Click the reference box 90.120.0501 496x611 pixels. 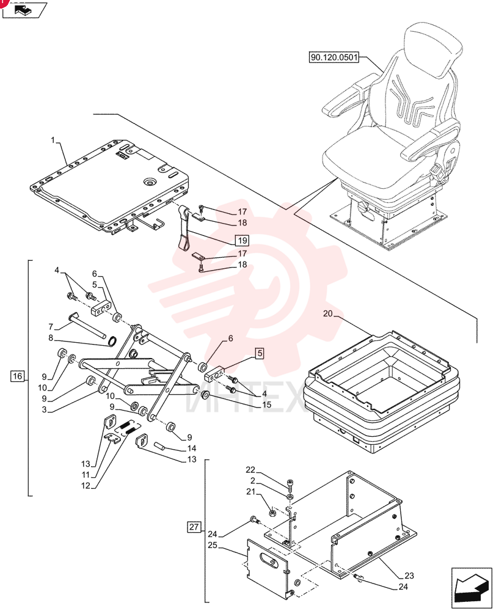(x=334, y=57)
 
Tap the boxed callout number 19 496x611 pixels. (x=242, y=240)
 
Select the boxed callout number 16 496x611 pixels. (x=18, y=376)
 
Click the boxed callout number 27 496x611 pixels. (x=194, y=527)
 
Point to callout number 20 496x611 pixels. (x=328, y=313)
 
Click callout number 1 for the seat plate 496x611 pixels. (x=53, y=140)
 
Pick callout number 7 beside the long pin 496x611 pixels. (x=51, y=326)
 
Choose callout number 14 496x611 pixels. (x=192, y=448)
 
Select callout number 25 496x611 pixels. (x=213, y=545)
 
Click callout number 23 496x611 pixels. (x=409, y=575)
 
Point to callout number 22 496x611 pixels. (x=250, y=470)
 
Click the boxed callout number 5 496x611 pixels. (x=260, y=354)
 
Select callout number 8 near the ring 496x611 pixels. (x=51, y=338)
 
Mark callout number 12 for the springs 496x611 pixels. (x=86, y=486)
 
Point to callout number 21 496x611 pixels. (x=250, y=492)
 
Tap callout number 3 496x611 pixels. (x=44, y=409)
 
